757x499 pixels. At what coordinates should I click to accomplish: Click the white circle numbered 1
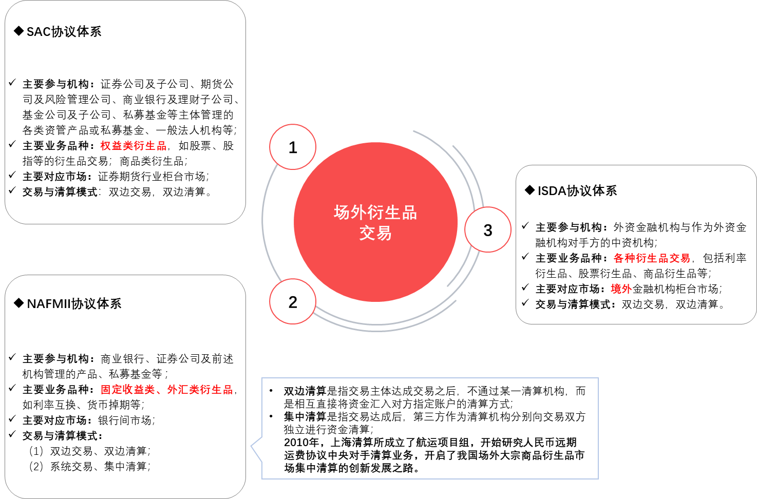(293, 147)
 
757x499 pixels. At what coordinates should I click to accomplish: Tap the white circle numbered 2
(293, 302)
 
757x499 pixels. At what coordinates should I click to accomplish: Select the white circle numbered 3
(488, 230)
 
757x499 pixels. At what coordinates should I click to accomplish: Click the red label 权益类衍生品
(134, 146)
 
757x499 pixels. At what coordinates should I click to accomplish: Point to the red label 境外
(621, 289)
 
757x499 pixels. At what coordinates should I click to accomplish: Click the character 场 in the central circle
(342, 213)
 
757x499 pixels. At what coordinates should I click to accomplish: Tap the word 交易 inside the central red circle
(375, 233)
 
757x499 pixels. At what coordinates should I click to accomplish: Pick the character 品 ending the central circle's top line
(409, 213)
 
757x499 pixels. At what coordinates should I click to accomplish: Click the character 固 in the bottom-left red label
(106, 390)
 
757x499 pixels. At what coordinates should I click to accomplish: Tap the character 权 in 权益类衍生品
(105, 146)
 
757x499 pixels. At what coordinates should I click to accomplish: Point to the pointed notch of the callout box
(252, 446)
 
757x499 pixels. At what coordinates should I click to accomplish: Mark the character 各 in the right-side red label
(619, 258)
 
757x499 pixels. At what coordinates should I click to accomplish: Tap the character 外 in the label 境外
(627, 289)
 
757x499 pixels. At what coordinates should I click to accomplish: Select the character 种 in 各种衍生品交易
(630, 258)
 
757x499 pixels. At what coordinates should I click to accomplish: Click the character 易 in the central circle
(384, 233)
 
